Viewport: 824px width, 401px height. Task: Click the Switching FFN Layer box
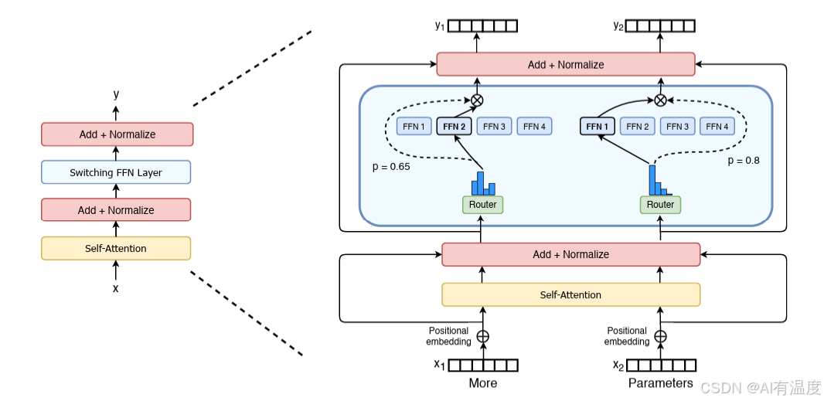pos(116,172)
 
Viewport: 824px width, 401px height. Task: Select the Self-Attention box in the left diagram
pos(116,248)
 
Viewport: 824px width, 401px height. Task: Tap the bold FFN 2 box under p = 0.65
pos(454,126)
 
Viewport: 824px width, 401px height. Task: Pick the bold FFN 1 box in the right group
pos(598,126)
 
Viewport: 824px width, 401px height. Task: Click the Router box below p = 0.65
pos(482,205)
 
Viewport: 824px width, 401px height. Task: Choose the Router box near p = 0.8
pos(660,205)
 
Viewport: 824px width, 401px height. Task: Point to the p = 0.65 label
pos(391,166)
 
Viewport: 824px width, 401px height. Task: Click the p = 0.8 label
pos(744,161)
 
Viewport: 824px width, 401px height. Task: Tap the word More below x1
pos(482,383)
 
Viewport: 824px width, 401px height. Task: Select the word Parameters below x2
pos(661,383)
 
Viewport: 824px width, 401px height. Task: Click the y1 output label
pos(440,25)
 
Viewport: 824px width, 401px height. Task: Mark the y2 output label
pos(618,25)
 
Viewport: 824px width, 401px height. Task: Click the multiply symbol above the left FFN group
pos(477,100)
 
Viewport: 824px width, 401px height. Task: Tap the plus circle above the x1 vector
pos(482,336)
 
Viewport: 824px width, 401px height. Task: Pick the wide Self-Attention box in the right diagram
pos(570,294)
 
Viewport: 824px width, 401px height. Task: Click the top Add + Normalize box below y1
pos(566,64)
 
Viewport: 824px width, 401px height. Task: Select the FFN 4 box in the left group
pos(534,126)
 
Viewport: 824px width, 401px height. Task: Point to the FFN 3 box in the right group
pos(678,126)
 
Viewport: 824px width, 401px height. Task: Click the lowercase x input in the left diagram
pos(116,288)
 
